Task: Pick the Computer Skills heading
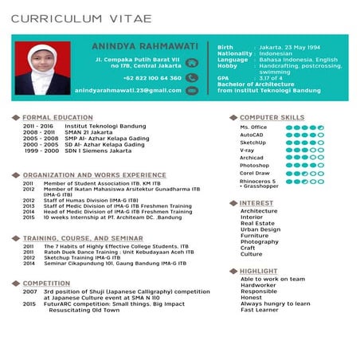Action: pos(272,117)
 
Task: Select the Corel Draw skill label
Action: pos(254,173)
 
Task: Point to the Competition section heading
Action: pos(46,284)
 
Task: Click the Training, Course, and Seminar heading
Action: pos(83,238)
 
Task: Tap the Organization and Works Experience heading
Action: pos(94,174)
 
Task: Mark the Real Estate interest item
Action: pos(257,224)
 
